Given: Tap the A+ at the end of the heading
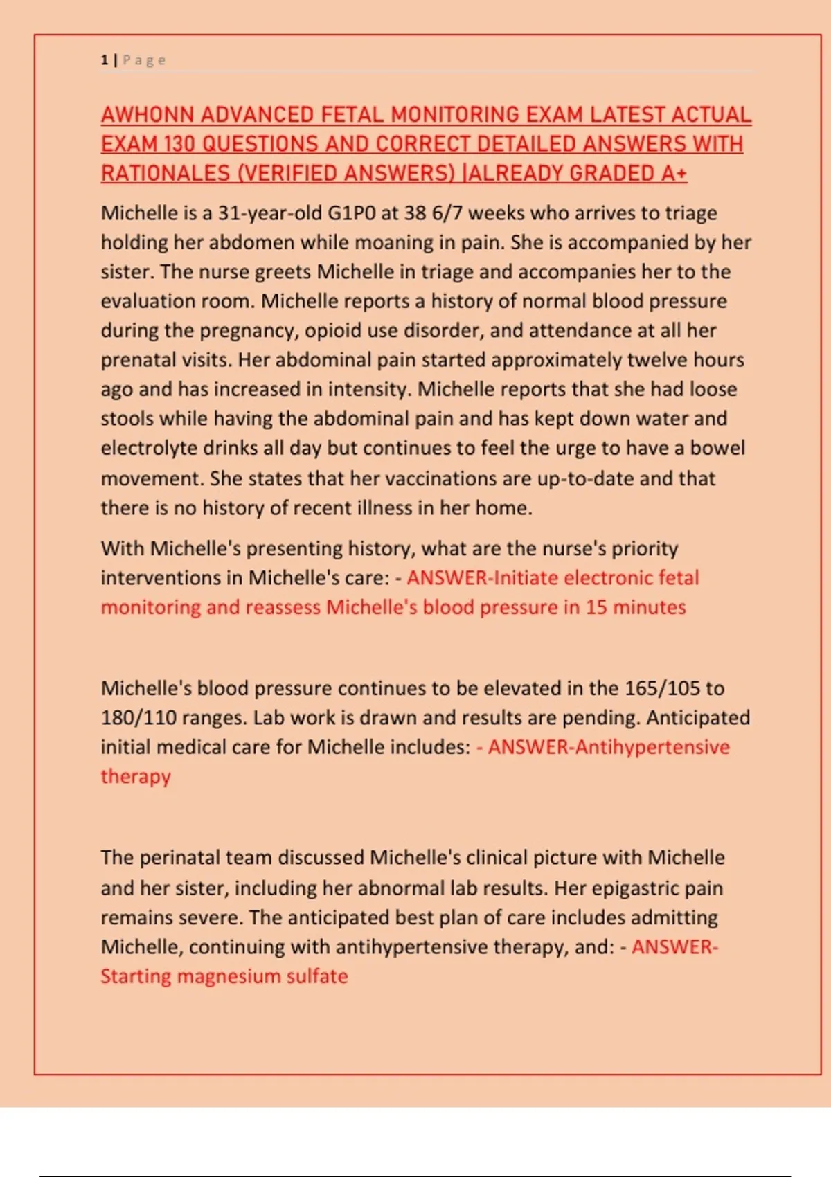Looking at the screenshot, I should (674, 173).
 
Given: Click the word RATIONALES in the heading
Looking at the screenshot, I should (166, 173).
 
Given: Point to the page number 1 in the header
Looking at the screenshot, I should (105, 60).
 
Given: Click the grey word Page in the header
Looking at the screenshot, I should (145, 60).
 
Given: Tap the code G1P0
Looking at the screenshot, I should (351, 213).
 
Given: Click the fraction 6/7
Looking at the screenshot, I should (447, 213).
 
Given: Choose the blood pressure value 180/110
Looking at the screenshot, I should (138, 717).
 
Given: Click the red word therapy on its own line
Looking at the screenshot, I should (136, 776).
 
